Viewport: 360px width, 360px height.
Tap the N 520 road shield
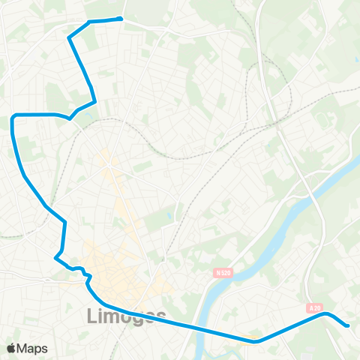tap(218, 273)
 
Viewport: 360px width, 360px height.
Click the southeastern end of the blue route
tap(347, 325)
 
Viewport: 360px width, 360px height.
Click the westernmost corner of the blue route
tap(13, 117)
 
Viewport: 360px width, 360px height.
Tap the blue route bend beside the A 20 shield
tap(325, 314)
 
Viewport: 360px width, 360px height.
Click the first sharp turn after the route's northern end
tap(70, 37)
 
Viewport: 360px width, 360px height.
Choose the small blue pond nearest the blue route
tap(169, 215)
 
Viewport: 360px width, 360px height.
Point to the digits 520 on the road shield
tap(221, 273)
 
